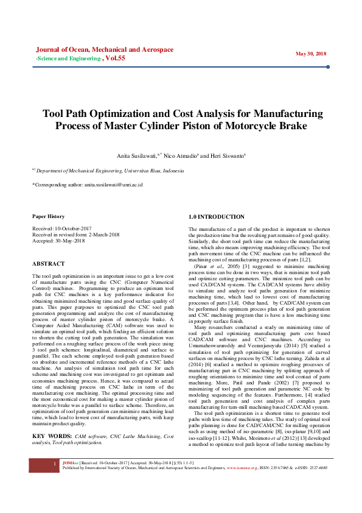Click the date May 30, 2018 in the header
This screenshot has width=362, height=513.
pyautogui.click(x=311, y=54)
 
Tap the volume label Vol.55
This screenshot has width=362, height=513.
pyautogui.click(x=116, y=58)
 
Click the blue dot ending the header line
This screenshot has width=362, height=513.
pyautogui.click(x=328, y=67)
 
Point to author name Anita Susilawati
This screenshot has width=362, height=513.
pyautogui.click(x=137, y=156)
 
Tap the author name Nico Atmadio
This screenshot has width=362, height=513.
pyautogui.click(x=181, y=156)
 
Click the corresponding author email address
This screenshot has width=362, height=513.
pyautogui.click(x=113, y=183)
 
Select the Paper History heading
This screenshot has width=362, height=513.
pyautogui.click(x=48, y=216)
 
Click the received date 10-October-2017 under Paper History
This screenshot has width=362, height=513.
pyautogui.click(x=71, y=228)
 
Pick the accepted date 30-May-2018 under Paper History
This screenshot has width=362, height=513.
pyautogui.click(x=68, y=241)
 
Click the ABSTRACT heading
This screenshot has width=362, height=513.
pyautogui.click(x=48, y=264)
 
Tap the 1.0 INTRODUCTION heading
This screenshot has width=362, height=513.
pyautogui.click(x=217, y=217)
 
